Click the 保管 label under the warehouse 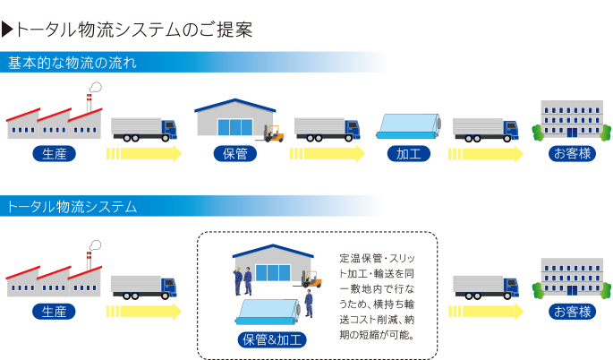(235, 153)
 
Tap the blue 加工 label (409, 153)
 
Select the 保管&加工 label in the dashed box (273, 339)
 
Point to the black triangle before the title (8, 30)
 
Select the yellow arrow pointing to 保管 (144, 153)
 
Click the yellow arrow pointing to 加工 (328, 153)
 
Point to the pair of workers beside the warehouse (243, 280)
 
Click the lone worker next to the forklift (309, 304)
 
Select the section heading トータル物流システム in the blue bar (72, 207)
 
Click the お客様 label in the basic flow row (573, 153)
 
